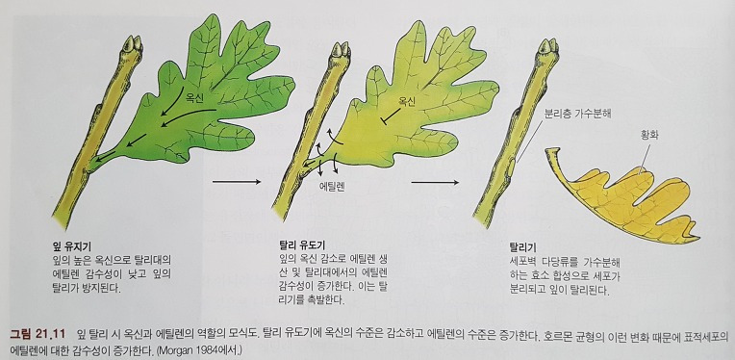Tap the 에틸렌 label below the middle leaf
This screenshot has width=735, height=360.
[x=333, y=189]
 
